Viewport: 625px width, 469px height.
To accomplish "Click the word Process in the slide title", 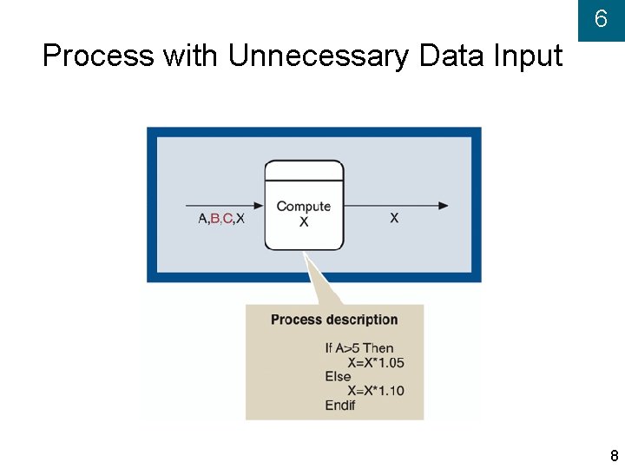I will (98, 56).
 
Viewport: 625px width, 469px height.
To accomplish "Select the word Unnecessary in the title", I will (319, 56).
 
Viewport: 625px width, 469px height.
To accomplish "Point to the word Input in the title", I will (528, 56).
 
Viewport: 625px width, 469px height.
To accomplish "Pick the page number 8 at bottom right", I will (614, 456).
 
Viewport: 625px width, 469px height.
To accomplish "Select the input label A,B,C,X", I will (221, 219).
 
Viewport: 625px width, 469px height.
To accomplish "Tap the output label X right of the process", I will (394, 218).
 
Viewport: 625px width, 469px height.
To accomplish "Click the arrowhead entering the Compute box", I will (258, 206).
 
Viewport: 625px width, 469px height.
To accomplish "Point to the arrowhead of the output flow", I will (444, 206).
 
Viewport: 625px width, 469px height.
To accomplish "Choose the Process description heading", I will (334, 320).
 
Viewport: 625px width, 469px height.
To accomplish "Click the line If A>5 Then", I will (359, 348).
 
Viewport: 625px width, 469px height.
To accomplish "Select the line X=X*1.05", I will (375, 362).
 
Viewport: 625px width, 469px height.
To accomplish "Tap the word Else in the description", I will (338, 376).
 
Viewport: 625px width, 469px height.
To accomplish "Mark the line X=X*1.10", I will (375, 390).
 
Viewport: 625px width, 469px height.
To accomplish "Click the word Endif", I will (340, 405).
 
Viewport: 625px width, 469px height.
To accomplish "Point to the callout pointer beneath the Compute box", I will (316, 278).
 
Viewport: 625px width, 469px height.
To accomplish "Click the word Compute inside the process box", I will (304, 207).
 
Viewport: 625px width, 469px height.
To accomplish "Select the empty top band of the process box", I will (304, 170).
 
